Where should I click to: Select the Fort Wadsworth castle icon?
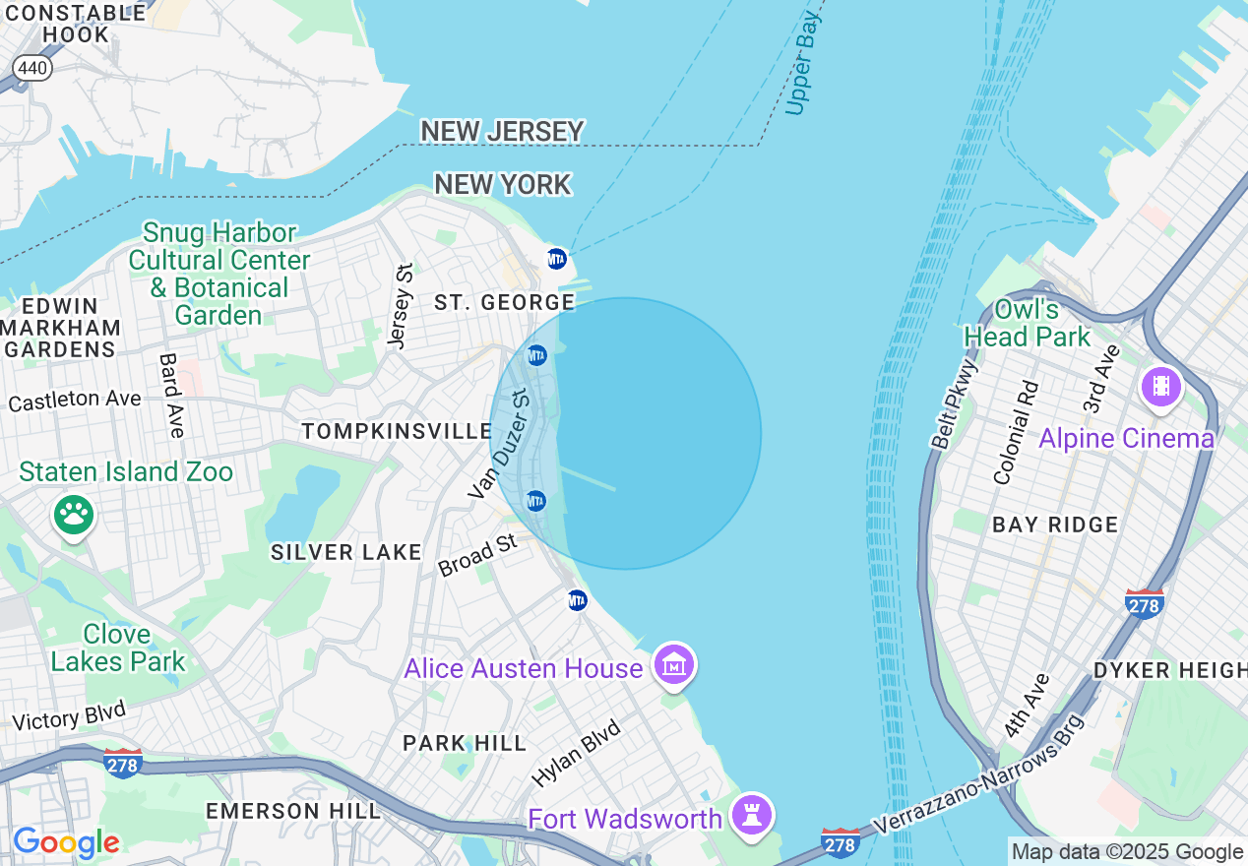(753, 816)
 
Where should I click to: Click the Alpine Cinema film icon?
(1161, 386)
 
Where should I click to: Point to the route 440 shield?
(32, 67)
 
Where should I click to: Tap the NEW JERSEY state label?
(502, 131)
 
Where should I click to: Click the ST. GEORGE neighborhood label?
(504, 302)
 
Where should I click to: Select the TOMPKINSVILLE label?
(397, 431)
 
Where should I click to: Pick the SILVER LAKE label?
(346, 552)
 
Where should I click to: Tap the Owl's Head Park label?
(1027, 323)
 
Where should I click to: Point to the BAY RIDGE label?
(1055, 525)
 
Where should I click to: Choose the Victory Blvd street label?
(69, 716)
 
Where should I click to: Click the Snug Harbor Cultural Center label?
(218, 274)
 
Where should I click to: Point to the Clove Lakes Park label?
(117, 648)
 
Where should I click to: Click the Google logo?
(66, 842)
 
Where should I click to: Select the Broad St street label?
(477, 556)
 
